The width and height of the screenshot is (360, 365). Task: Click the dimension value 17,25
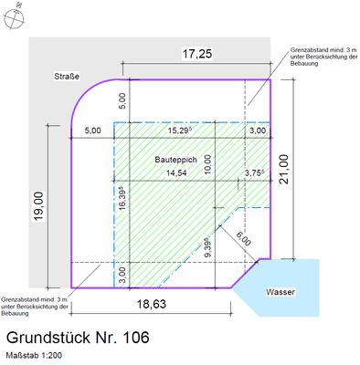pos(197,55)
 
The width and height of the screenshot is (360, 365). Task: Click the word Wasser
pos(282,293)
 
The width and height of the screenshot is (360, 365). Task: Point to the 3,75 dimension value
pos(253,172)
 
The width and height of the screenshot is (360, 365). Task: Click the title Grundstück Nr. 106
pos(77,338)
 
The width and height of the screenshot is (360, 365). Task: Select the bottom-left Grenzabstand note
pos(35,307)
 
